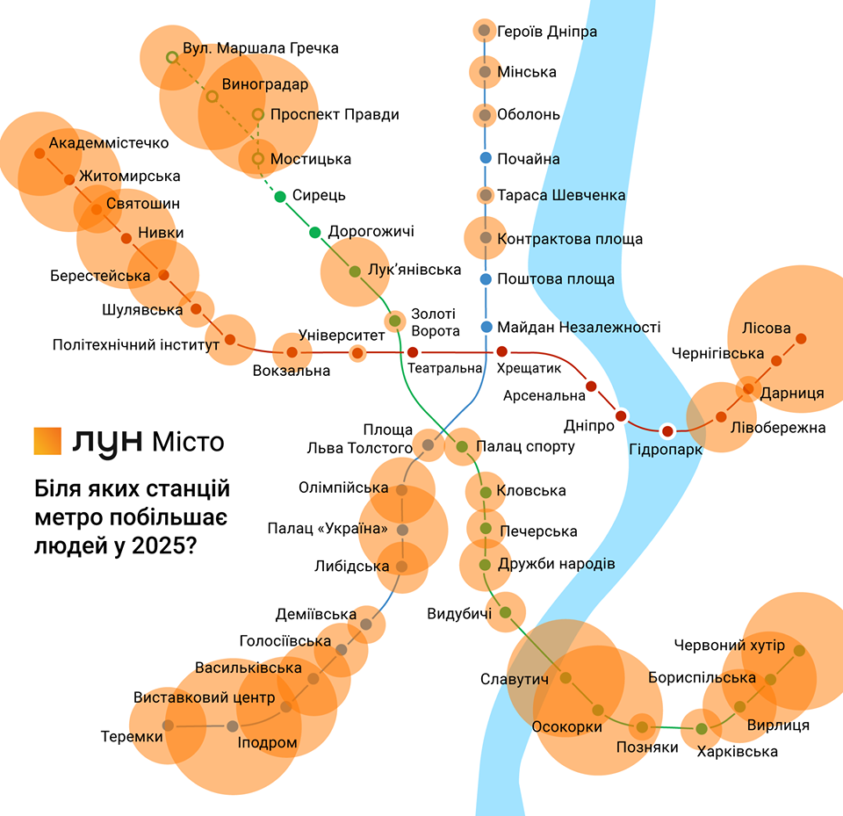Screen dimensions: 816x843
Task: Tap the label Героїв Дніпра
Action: point(546,32)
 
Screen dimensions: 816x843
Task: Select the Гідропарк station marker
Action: point(667,430)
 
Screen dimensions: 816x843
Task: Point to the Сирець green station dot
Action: point(280,196)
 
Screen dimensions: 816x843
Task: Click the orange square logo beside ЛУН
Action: point(47,441)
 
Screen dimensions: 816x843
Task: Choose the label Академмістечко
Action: point(109,142)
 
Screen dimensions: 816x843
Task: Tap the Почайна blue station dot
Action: point(485,158)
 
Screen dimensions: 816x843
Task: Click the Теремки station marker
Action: point(168,726)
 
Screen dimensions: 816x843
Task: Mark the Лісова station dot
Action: point(801,337)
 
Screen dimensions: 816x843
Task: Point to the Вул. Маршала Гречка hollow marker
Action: point(172,57)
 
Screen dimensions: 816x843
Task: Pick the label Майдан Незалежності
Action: point(578,328)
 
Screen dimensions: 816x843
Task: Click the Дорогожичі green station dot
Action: point(314,232)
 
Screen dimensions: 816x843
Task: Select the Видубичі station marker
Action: point(505,612)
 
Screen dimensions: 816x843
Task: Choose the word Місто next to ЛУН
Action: point(186,441)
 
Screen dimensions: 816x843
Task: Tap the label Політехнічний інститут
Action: point(136,345)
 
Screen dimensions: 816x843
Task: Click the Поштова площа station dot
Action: point(485,279)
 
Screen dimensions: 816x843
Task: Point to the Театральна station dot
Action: point(413,353)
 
